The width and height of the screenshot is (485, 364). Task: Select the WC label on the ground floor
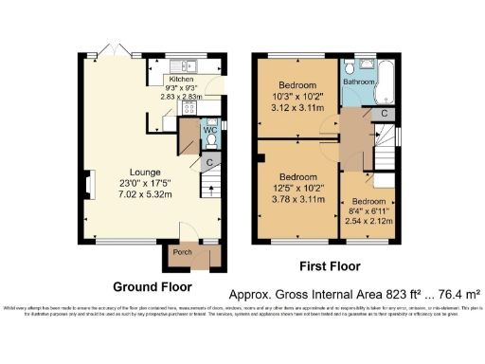pyautogui.click(x=211, y=130)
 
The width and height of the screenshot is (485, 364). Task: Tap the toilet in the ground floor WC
pyautogui.click(x=212, y=142)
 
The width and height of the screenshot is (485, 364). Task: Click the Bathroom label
pyautogui.click(x=358, y=82)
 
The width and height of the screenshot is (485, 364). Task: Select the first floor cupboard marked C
pyautogui.click(x=382, y=114)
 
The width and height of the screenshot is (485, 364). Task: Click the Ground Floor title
pyautogui.click(x=153, y=286)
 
